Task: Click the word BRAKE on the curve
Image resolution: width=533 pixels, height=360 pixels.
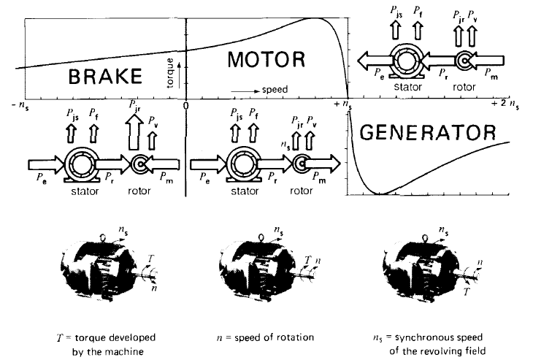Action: [x=105, y=76]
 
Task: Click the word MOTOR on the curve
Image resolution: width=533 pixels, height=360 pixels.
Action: [x=266, y=59]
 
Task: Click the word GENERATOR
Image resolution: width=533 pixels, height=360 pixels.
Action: [x=428, y=132]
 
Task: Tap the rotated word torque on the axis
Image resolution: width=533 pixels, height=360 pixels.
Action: [x=170, y=73]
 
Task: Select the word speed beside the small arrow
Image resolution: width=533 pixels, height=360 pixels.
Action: [x=275, y=89]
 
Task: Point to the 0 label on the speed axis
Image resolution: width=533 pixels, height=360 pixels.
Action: [x=185, y=106]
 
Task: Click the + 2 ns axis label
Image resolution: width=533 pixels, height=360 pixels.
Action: [x=505, y=104]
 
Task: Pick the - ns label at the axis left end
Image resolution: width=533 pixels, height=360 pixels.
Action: [x=20, y=105]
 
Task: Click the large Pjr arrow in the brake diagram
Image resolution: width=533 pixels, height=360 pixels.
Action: [x=134, y=131]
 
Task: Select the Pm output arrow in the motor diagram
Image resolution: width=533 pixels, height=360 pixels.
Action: [x=322, y=164]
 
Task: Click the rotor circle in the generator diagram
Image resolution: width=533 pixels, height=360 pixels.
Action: [x=464, y=61]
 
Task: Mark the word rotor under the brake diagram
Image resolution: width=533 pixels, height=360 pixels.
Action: [x=139, y=191]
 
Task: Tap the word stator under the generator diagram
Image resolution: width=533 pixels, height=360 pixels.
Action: [x=408, y=87]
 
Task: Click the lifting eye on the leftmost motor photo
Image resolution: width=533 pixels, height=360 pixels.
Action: [x=104, y=237]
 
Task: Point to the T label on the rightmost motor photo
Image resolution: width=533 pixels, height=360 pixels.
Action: [x=467, y=291]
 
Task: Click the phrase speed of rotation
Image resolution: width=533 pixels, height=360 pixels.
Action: [x=274, y=337]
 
